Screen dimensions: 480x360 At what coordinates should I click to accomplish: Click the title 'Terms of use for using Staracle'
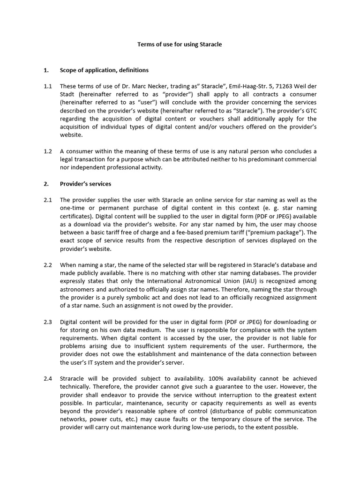(x=180, y=45)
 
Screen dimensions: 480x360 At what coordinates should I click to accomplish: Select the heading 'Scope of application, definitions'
(x=104, y=70)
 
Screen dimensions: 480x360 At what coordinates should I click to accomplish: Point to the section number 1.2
(x=47, y=151)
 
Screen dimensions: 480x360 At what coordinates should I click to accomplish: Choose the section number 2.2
(x=47, y=265)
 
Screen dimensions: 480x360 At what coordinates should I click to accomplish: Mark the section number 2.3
(x=47, y=322)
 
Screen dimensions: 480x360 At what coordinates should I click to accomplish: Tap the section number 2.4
(x=47, y=378)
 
